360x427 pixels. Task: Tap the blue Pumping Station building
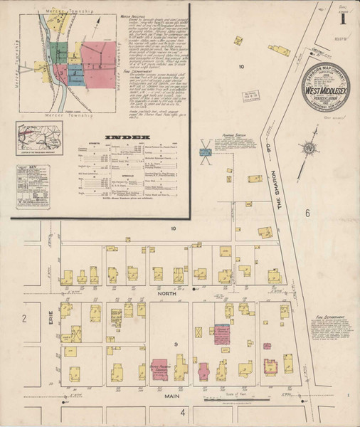[x=205, y=151]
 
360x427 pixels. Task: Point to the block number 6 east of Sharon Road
[x=308, y=213]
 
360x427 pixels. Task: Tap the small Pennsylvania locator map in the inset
[x=40, y=136]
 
